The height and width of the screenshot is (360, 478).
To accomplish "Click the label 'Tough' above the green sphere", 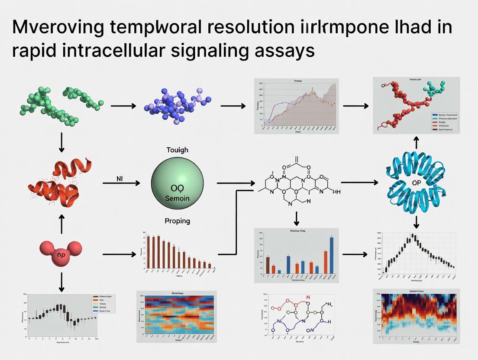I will [x=177, y=150].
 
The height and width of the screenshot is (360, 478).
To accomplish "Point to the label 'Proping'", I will [x=177, y=221].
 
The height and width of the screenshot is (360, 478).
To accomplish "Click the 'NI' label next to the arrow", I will [x=120, y=178].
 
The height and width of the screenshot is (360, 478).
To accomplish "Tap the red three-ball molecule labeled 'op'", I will [x=61, y=254].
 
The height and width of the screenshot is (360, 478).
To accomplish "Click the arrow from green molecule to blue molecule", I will [x=123, y=105].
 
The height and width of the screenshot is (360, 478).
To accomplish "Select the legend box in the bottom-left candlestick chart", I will [x=102, y=304].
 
